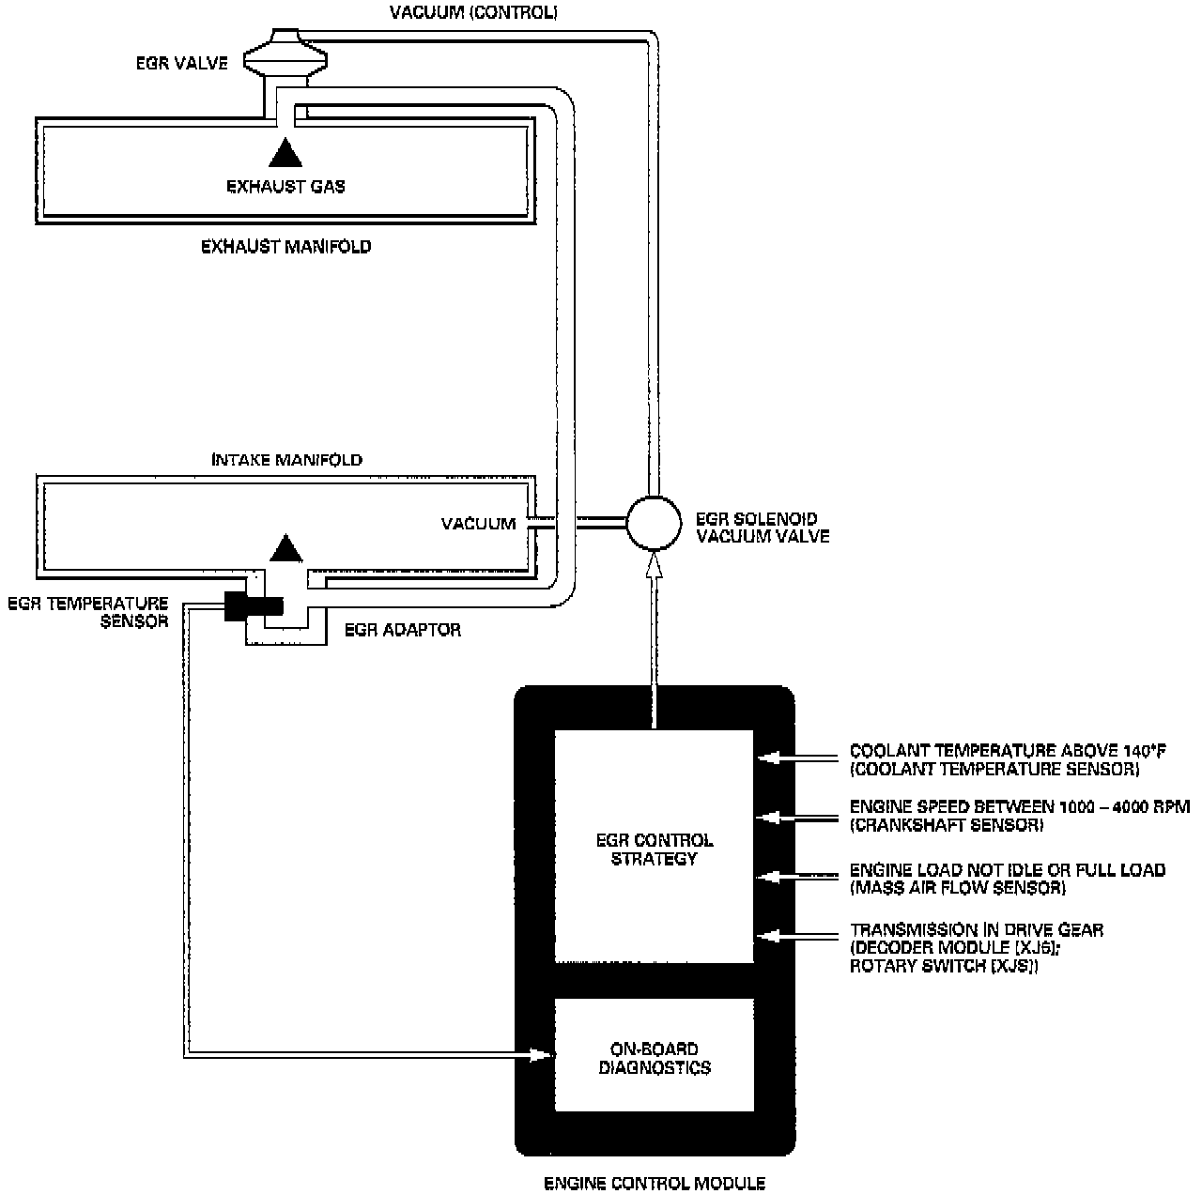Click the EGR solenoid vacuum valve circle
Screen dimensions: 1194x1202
(654, 523)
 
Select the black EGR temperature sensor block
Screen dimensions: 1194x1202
(254, 607)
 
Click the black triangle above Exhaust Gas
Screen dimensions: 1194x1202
(285, 152)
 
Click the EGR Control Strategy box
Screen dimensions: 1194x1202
(654, 847)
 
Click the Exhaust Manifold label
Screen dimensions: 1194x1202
(285, 247)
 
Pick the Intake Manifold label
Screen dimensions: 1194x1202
(286, 460)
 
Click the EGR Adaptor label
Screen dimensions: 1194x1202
(403, 630)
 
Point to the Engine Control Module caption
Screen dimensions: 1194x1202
(655, 1183)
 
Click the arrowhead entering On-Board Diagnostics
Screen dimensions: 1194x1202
(541, 1055)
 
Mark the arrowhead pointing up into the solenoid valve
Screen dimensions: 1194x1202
(654, 565)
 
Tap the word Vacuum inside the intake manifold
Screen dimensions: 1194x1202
(478, 524)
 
